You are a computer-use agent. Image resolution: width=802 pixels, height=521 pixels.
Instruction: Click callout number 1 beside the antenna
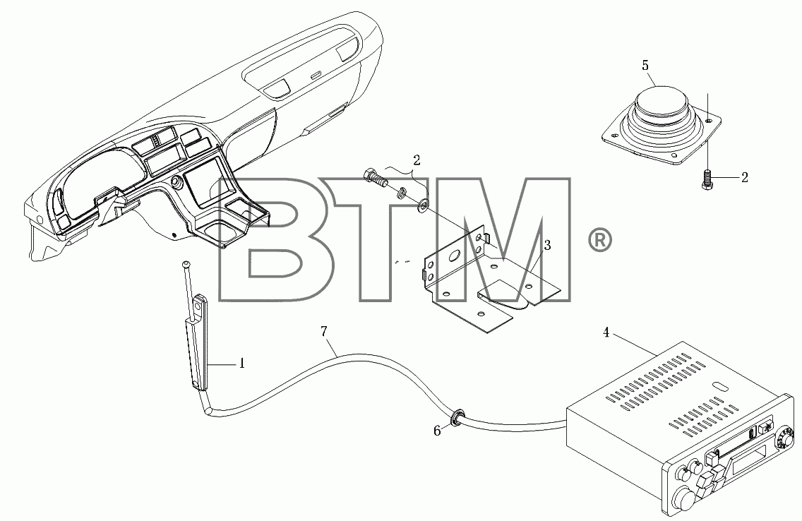coord(241,364)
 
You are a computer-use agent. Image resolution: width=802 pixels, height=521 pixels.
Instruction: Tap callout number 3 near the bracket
coord(547,246)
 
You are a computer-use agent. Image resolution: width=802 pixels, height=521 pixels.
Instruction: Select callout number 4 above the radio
coord(606,333)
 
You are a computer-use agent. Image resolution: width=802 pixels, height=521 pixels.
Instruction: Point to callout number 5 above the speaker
coord(645,66)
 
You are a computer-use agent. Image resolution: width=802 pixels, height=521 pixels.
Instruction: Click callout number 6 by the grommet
coord(437,431)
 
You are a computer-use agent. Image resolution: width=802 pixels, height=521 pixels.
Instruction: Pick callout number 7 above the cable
coord(324,331)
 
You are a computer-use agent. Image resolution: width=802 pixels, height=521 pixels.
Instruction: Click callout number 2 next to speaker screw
coord(744,177)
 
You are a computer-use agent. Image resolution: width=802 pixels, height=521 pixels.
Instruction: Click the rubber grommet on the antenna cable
coord(456,417)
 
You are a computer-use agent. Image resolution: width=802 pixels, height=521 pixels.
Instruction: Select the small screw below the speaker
coord(707,179)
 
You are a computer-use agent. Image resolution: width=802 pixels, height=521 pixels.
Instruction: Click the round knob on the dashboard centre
coord(177,182)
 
